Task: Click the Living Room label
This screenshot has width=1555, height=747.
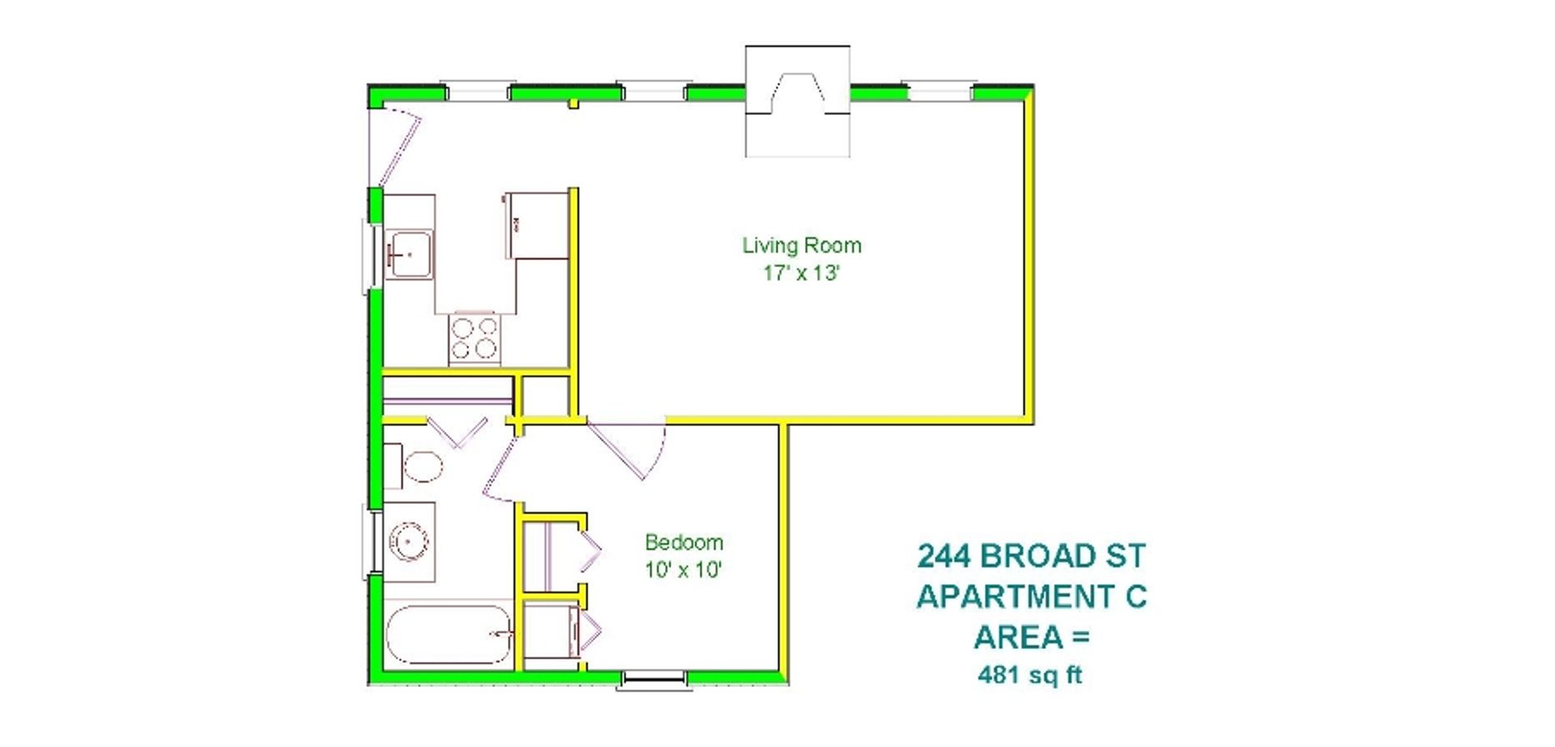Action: [801, 245]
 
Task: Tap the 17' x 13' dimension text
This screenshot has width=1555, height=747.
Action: [800, 273]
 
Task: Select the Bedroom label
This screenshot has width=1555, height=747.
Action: [684, 542]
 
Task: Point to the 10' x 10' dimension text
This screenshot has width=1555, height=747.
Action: [683, 570]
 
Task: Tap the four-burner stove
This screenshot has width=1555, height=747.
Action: [475, 338]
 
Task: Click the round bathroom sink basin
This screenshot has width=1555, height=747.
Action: [408, 541]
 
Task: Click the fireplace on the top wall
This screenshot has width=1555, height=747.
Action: [797, 102]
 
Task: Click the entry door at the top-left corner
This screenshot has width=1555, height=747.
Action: [395, 146]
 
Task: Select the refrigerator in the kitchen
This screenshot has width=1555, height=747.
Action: [537, 225]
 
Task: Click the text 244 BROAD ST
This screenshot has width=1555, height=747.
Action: [1031, 557]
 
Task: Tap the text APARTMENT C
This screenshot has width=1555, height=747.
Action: [1031, 597]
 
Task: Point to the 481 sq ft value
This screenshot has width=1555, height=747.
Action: [1029, 675]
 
